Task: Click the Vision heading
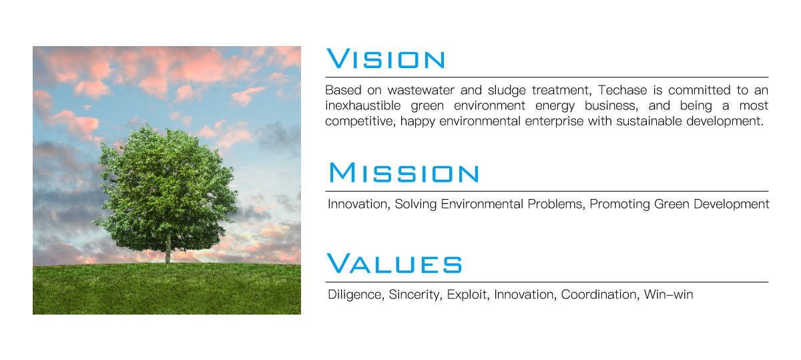click(x=386, y=59)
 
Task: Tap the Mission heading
click(x=404, y=172)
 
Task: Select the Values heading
click(x=394, y=263)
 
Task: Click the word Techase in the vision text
click(x=622, y=89)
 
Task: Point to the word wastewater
click(x=421, y=90)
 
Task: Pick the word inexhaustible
click(x=362, y=106)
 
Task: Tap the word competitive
click(x=360, y=122)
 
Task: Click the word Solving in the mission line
click(x=415, y=204)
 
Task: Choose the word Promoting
click(x=619, y=204)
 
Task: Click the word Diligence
click(x=356, y=295)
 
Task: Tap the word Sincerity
click(x=415, y=295)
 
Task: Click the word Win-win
click(x=668, y=295)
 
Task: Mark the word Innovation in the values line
click(x=525, y=295)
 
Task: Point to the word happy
click(x=418, y=122)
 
